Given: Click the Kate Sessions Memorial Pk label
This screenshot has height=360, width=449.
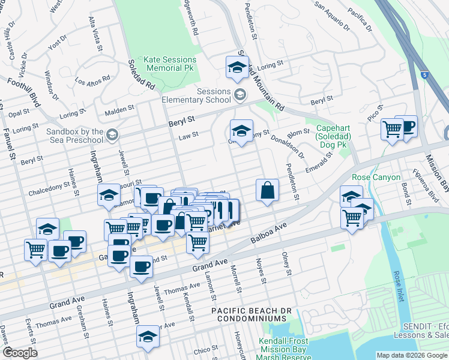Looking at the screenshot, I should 170,64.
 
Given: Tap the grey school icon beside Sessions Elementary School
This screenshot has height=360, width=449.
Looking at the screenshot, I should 240,94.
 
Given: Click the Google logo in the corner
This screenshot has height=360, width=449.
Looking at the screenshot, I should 19,353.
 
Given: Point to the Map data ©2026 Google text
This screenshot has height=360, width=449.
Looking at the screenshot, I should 412,355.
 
